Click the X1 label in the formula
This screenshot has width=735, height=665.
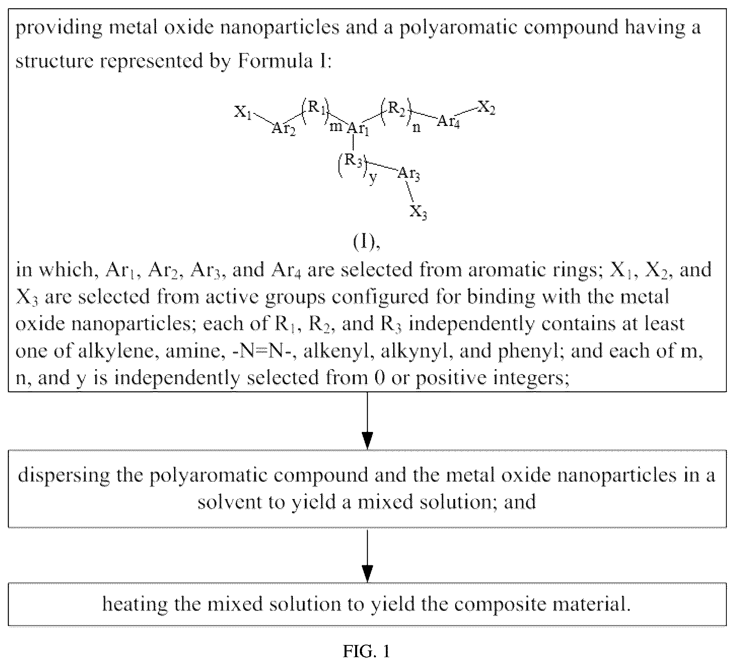click(243, 112)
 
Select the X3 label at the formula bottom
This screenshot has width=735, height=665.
click(419, 212)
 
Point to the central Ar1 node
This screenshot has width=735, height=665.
click(358, 129)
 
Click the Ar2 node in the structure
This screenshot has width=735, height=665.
click(283, 129)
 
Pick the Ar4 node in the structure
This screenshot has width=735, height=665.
click(448, 121)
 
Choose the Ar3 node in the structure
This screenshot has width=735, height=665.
click(409, 173)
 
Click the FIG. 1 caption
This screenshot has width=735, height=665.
click(367, 652)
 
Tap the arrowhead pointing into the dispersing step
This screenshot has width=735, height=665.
click(367, 440)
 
